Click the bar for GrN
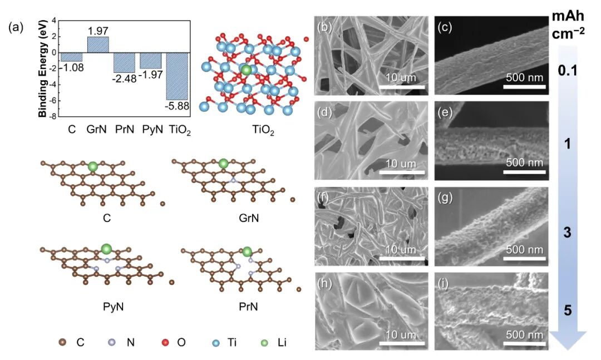[x=98, y=45]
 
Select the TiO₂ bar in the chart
[x=176, y=76]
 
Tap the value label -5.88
[x=176, y=104]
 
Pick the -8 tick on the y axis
[x=54, y=117]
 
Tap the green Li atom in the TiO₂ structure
[x=246, y=70]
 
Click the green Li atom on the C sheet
[x=93, y=166]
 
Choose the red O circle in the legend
[x=166, y=343]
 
